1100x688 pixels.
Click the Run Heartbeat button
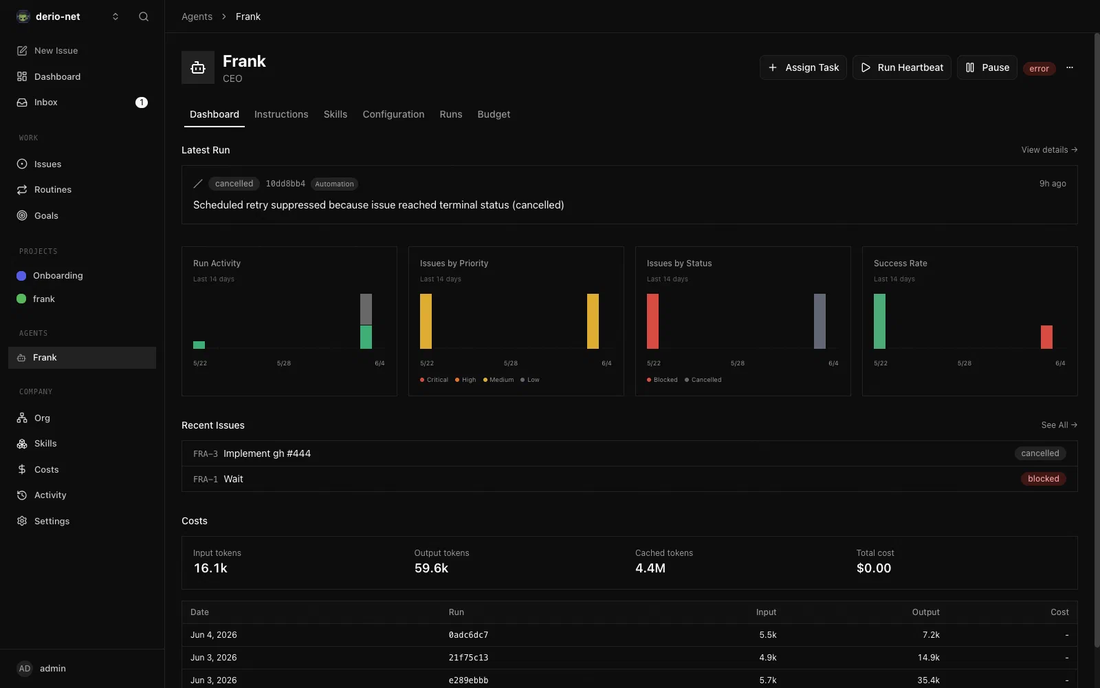click(x=901, y=67)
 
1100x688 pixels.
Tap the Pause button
click(x=987, y=67)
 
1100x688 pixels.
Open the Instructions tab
click(x=281, y=114)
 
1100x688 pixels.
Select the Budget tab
click(x=494, y=114)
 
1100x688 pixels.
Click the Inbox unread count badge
click(x=142, y=103)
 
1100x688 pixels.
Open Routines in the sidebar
click(x=52, y=190)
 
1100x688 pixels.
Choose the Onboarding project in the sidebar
click(x=58, y=276)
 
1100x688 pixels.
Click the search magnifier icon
click(x=144, y=17)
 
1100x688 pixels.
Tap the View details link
click(x=1049, y=150)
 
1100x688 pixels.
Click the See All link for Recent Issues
click(x=1059, y=425)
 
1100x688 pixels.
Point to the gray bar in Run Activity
click(x=366, y=309)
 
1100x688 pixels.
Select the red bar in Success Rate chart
click(x=1046, y=337)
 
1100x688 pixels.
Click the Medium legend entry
click(x=498, y=380)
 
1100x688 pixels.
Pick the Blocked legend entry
click(x=662, y=380)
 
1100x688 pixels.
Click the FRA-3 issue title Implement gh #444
click(x=267, y=453)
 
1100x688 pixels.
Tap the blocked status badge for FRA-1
click(x=1043, y=479)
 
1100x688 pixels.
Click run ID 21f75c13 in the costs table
click(x=468, y=658)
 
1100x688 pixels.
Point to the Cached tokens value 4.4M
click(x=650, y=568)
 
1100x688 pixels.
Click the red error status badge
click(x=1039, y=68)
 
